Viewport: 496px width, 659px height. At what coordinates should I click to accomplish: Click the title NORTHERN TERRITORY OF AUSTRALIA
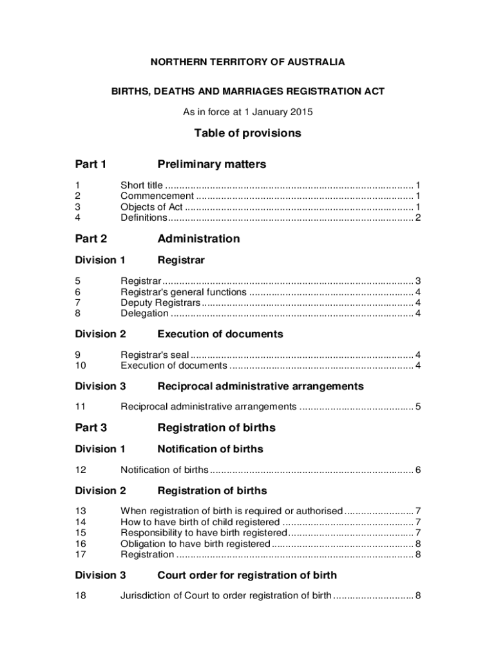248,62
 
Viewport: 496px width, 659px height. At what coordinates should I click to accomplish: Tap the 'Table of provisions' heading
248,133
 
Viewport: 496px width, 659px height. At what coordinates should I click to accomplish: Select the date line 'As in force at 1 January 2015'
248,112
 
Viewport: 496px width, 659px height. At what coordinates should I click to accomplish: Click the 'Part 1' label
91,164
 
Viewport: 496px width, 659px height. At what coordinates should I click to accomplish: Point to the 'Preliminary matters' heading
212,164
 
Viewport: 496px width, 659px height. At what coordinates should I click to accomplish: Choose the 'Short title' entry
142,185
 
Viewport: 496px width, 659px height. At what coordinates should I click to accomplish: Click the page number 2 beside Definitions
418,218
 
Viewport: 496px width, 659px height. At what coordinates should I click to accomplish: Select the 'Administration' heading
198,239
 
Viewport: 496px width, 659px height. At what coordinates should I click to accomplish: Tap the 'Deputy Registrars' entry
160,302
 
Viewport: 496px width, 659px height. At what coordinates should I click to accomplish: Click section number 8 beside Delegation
78,313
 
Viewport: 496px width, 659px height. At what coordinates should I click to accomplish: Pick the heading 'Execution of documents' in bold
220,334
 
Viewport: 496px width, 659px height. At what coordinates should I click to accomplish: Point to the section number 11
81,407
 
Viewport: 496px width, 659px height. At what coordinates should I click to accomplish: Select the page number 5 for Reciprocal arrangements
418,407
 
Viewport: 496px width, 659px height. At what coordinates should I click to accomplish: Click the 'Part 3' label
91,428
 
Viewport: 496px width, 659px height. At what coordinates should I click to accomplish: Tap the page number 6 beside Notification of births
418,470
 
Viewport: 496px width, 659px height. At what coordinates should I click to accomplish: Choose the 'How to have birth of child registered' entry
200,522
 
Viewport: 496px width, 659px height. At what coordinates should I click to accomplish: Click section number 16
81,544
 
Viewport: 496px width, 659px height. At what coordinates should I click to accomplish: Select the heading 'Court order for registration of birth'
247,575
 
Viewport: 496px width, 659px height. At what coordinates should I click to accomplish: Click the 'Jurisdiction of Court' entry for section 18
226,595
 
